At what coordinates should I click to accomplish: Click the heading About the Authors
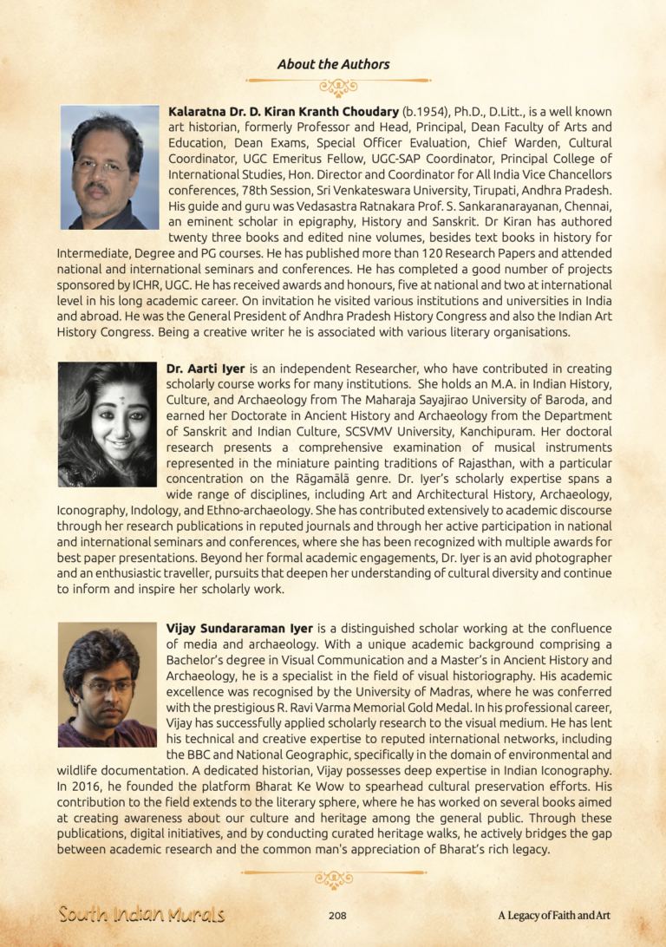pos(333,64)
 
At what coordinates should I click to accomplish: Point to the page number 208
pos(339,915)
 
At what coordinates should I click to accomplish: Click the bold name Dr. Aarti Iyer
pos(206,369)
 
